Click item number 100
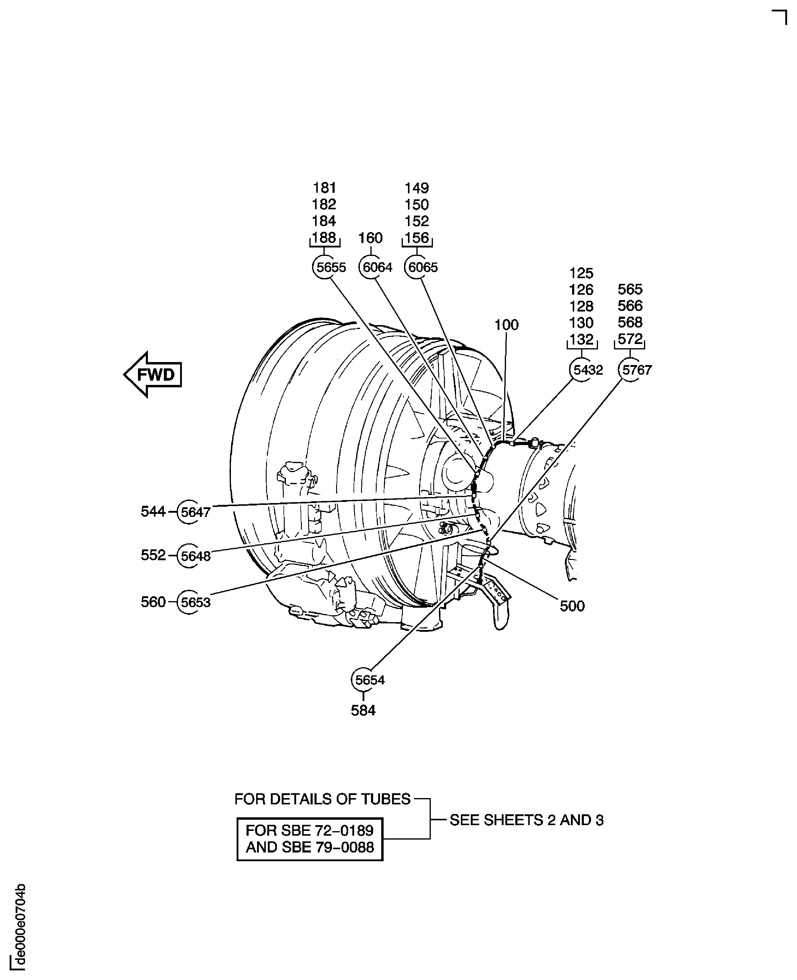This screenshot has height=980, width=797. point(506,325)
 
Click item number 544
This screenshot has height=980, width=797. point(153,511)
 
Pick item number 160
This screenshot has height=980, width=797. point(370,238)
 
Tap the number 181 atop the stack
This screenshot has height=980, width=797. point(325,188)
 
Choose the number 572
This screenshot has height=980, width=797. point(630,339)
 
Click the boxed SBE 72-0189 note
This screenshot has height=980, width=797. point(310,839)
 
